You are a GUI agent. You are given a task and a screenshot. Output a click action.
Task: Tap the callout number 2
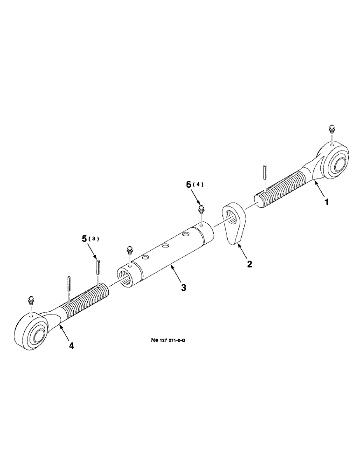[x=249, y=264]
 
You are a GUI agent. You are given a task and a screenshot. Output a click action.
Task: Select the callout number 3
[x=184, y=288]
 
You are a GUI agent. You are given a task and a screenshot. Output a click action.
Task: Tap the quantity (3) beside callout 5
[x=95, y=240]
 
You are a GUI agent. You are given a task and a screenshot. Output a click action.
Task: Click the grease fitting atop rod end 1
[x=332, y=129]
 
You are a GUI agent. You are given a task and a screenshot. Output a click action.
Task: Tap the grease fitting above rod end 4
[x=31, y=301]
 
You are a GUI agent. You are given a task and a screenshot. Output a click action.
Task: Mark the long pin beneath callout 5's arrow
[x=99, y=268]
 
